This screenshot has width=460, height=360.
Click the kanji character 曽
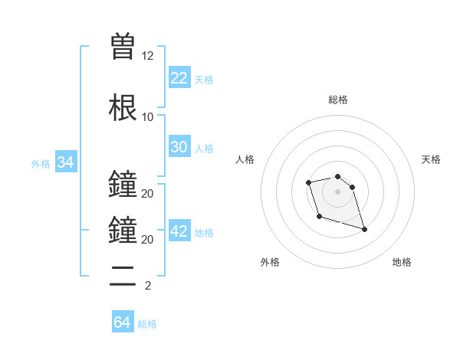[123, 47]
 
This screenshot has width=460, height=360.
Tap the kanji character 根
[123, 107]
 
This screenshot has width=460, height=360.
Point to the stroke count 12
[147, 56]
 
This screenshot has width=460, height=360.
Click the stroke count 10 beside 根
[147, 117]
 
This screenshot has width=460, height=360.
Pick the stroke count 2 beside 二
[147, 286]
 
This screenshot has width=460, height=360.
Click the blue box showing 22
[179, 77]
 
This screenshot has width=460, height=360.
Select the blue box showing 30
[179, 147]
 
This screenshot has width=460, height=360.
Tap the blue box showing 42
[179, 231]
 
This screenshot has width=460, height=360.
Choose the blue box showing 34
[65, 162]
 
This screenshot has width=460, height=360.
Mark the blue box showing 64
[122, 322]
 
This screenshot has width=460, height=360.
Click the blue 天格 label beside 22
[203, 79]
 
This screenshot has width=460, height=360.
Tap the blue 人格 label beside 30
[203, 149]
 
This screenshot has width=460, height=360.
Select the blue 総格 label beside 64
[147, 324]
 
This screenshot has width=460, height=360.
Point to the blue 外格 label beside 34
[41, 164]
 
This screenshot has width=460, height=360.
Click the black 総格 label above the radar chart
[337, 100]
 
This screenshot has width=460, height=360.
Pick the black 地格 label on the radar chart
[402, 262]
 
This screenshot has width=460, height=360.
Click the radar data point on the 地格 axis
[364, 229]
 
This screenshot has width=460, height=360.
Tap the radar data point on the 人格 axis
[308, 182]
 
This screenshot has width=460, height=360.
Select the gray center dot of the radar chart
[337, 191]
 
